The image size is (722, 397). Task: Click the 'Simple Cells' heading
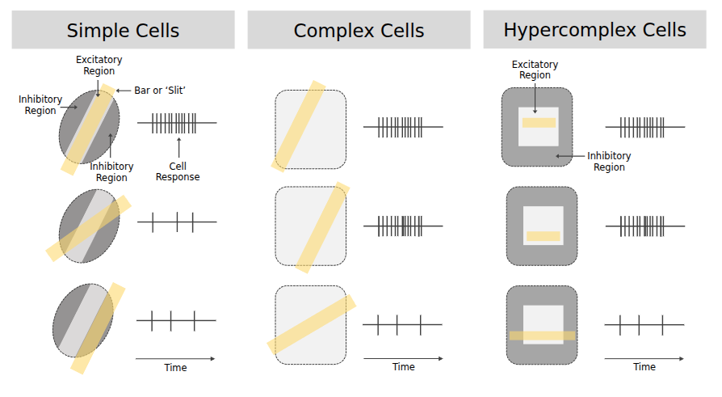[x=123, y=32]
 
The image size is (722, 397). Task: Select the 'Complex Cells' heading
[x=359, y=32]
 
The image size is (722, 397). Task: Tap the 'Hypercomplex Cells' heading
[x=594, y=31]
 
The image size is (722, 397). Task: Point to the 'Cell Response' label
[x=178, y=171]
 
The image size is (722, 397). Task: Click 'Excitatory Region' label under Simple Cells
[x=99, y=65]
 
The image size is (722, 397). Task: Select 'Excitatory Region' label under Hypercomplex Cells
[x=535, y=70]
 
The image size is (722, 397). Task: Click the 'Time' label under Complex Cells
[x=404, y=367]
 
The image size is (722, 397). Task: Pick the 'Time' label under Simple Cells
[x=175, y=368]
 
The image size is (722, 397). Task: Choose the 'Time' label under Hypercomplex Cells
[x=644, y=367]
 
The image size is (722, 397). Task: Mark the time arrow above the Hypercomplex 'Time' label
[x=644, y=358]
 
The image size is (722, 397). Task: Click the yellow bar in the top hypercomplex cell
[x=539, y=123]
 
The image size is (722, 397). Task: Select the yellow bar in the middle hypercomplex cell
[x=543, y=237]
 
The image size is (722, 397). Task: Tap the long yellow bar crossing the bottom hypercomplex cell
[x=542, y=336]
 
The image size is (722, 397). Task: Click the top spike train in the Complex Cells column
[x=402, y=127]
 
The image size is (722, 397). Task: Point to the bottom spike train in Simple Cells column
[x=176, y=321]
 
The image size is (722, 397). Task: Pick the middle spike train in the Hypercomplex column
[x=644, y=226]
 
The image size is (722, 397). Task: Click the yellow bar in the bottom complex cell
[x=312, y=324]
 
